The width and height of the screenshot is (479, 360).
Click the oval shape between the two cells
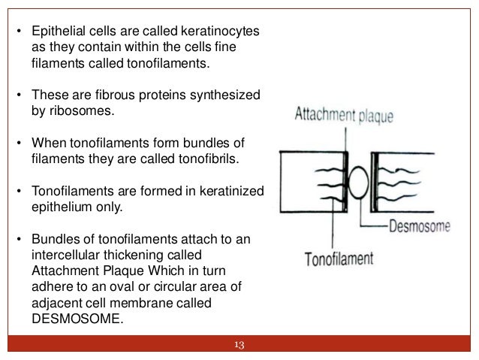(357, 186)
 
